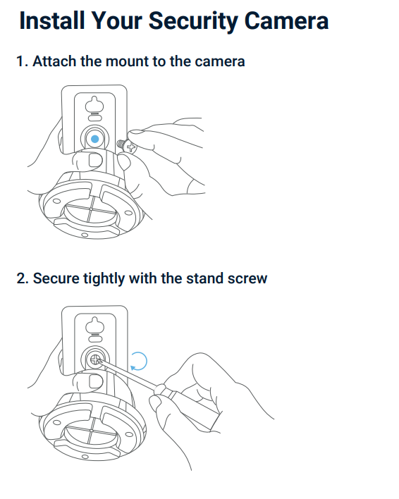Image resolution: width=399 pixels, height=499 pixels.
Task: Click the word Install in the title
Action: coord(52,20)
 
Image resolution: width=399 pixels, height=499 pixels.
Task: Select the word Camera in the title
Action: coord(286,20)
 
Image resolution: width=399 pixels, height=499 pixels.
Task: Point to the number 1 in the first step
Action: coord(20,61)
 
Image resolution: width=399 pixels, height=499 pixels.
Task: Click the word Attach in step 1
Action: coord(54,61)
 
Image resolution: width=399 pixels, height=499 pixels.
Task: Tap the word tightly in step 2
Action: coord(104,279)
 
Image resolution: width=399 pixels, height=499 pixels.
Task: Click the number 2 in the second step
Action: coord(21,278)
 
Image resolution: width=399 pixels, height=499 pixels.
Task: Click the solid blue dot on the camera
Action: coord(95,139)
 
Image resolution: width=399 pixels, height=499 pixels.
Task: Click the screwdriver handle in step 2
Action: coord(188,403)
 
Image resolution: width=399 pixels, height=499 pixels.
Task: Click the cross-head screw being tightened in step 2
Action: coord(95,360)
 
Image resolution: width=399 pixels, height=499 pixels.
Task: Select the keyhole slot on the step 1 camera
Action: coord(94,104)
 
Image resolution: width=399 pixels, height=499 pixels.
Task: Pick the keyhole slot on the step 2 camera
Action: coord(95,325)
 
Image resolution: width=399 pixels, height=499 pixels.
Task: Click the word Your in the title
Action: coord(117,20)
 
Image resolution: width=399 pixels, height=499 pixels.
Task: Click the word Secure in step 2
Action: coord(56,278)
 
